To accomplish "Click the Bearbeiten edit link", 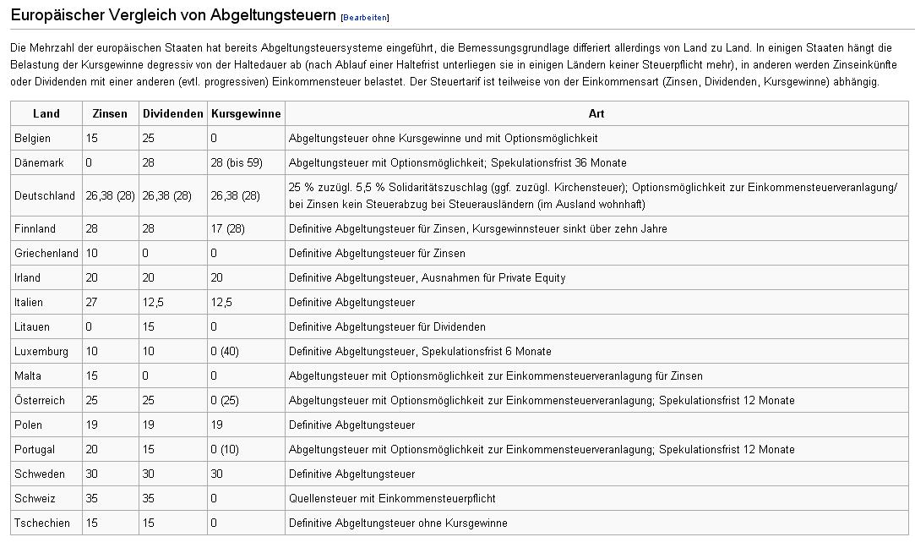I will (x=364, y=18).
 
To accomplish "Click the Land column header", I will (x=46, y=113).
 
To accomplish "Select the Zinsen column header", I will (x=110, y=113).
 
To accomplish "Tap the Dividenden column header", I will (x=172, y=113).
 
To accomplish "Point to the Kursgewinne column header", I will (x=246, y=113).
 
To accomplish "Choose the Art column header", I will (x=596, y=113).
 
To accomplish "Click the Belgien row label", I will (x=33, y=138).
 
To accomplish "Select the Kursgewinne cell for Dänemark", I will (x=236, y=162).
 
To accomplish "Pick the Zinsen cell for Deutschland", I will (x=110, y=195).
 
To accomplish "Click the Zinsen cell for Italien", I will (x=92, y=302).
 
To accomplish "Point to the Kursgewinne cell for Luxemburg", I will (x=227, y=351).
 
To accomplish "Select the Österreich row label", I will (x=40, y=400).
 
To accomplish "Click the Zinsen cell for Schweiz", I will (x=92, y=498).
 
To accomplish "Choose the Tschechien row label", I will (x=42, y=523).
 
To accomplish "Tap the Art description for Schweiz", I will (x=392, y=498).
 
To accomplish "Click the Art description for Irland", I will (x=427, y=277).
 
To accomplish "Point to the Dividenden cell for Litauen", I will (x=149, y=326).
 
